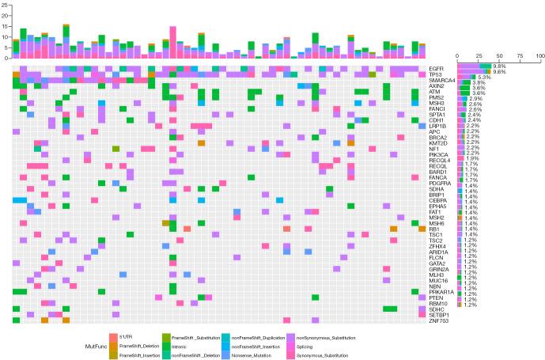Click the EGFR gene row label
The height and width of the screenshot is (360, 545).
[x=437, y=66]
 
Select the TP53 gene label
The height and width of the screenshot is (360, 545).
[x=436, y=73]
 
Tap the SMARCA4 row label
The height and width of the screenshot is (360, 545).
[x=441, y=79]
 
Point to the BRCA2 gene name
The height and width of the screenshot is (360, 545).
[x=437, y=136]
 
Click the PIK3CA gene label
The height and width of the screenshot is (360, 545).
[x=438, y=155]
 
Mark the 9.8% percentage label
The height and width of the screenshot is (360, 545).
[x=498, y=66]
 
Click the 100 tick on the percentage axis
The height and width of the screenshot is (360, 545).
[x=539, y=55]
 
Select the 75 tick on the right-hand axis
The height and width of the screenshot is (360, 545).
[x=520, y=55]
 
